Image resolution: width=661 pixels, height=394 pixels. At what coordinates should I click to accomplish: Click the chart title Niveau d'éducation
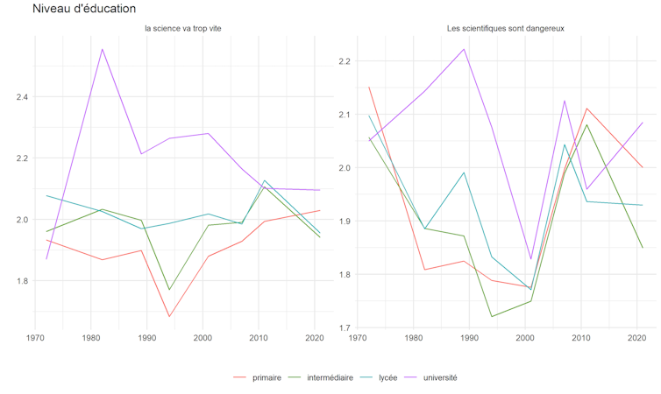point(84,9)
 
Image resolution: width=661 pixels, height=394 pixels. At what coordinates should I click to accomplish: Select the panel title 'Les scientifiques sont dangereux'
point(504,29)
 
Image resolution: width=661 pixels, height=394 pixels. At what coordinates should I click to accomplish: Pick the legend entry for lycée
point(387,377)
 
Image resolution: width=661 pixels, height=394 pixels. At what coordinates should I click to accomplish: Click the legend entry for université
point(440,377)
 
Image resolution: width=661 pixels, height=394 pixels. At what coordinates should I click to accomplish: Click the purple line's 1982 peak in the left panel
point(103,49)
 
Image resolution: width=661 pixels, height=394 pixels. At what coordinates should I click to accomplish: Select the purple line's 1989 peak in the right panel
point(464,49)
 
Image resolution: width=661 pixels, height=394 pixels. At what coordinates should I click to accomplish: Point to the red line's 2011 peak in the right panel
point(586,109)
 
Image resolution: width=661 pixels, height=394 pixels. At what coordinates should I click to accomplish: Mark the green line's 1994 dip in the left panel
point(169,290)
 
